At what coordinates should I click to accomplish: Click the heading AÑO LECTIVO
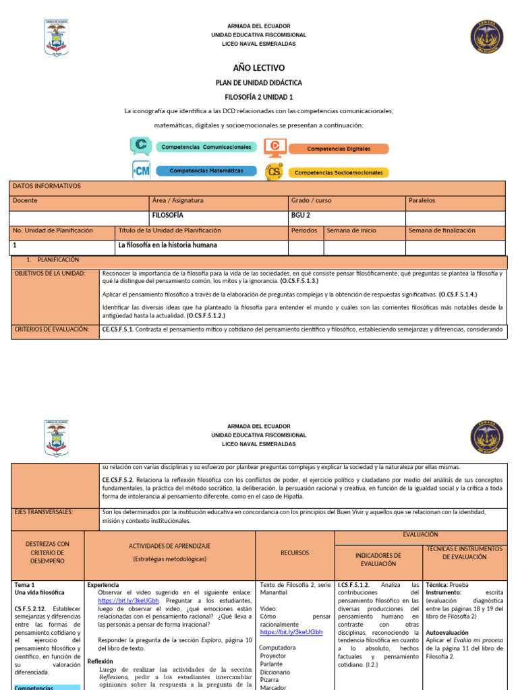(259, 68)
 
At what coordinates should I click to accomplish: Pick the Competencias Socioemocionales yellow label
(339, 172)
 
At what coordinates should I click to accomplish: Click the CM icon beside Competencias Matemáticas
(141, 171)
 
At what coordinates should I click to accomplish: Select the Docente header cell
(78, 201)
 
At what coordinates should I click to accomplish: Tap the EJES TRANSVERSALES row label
(44, 512)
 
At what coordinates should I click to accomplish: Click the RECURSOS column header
(295, 553)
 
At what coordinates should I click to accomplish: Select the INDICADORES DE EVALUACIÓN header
(378, 559)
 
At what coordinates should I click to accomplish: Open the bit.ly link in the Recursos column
(283, 633)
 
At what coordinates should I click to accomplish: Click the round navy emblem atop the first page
(486, 36)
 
